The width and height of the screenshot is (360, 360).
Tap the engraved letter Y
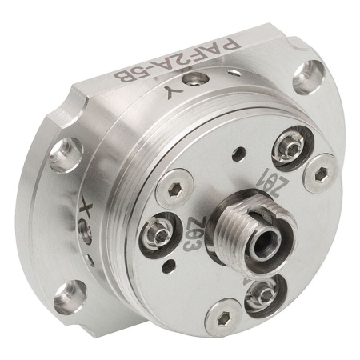click(x=174, y=94)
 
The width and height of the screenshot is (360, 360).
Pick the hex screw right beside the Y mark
click(x=196, y=80)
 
